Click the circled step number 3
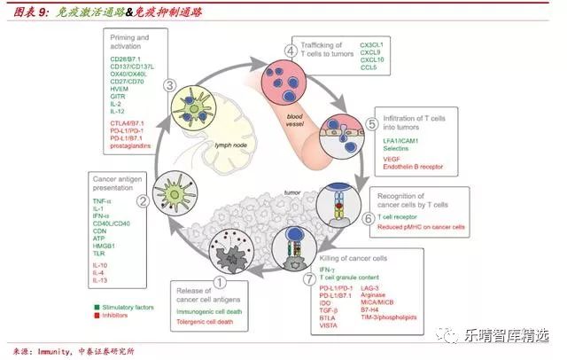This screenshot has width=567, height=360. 168,85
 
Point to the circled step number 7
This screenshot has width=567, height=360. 307,281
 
